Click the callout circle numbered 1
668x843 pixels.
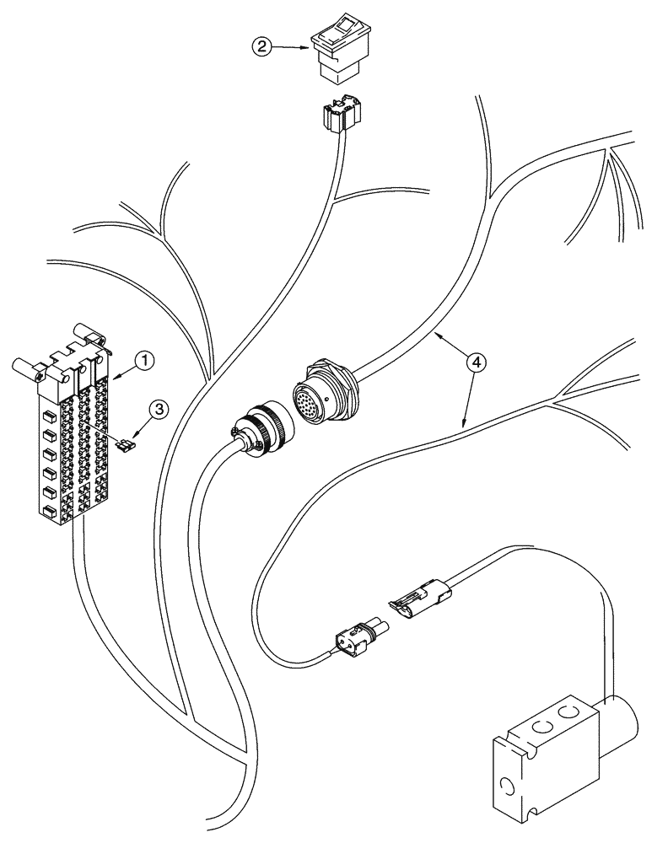[x=146, y=361]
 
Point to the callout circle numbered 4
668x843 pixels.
[x=477, y=362]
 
